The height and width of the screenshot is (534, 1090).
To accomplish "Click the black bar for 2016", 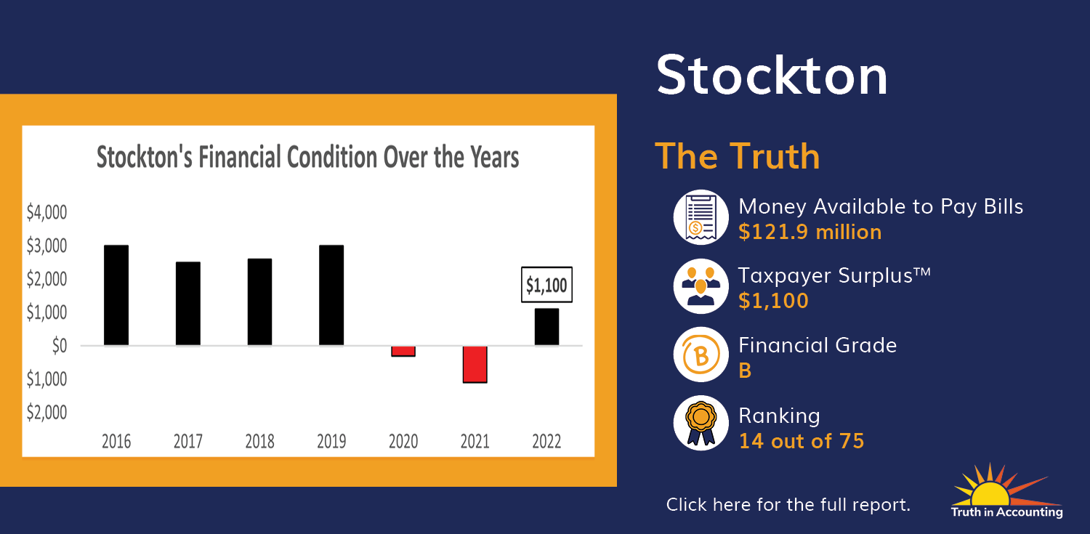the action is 116,295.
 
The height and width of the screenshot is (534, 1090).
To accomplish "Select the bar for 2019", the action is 331,295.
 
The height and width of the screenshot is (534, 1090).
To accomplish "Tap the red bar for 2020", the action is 403,351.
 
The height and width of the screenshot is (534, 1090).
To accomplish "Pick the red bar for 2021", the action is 475,364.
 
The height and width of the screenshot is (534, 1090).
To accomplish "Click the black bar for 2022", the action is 547,327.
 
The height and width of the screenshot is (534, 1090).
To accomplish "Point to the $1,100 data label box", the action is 547,285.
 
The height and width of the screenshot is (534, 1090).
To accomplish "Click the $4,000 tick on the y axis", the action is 47,213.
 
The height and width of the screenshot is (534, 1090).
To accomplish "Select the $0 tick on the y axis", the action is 60,346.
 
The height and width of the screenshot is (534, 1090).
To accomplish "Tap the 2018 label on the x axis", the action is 260,441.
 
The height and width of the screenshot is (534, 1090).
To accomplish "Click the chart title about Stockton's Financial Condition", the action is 307,157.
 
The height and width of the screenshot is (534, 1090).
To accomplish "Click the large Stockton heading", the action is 772,76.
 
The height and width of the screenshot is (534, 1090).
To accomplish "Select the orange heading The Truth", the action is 738,156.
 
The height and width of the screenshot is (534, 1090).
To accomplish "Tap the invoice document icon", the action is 701,217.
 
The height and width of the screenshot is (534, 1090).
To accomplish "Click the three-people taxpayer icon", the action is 701,286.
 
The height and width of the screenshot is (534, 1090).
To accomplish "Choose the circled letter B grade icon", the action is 701,355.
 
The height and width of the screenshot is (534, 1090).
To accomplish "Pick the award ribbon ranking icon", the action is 701,423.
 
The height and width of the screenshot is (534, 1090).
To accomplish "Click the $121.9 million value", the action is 810,232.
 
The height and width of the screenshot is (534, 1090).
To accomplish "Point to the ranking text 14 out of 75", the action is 802,441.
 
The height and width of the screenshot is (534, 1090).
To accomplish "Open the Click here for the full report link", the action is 788,505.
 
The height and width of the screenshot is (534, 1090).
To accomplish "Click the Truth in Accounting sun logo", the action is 1006,490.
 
